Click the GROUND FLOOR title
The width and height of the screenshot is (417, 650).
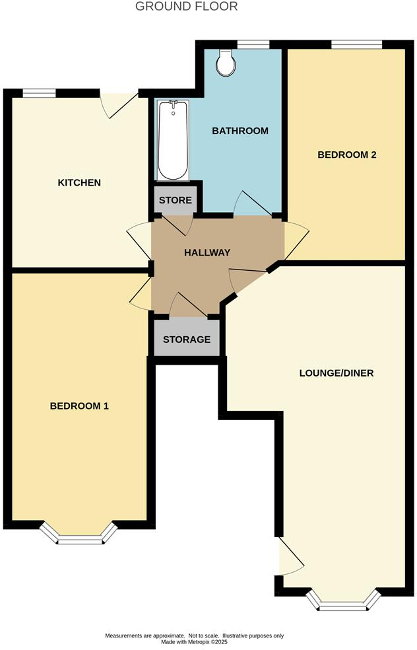(186, 7)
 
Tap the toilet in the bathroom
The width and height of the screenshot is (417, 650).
(226, 61)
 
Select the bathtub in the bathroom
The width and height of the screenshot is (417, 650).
(174, 139)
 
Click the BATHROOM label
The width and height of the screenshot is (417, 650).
(240, 131)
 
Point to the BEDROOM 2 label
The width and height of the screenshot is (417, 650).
(347, 155)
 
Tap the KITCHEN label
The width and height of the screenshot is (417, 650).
(79, 182)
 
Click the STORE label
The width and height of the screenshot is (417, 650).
(175, 200)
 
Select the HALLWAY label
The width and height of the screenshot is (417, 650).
(207, 252)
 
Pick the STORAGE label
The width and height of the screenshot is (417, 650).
(187, 340)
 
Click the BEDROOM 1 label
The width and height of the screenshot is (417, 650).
(79, 406)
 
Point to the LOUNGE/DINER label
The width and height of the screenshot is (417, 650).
(337, 373)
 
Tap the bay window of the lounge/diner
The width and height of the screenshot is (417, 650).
(344, 601)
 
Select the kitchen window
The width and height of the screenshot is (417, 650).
(39, 93)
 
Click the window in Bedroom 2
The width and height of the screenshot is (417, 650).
(356, 45)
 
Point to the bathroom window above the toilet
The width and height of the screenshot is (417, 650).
(253, 45)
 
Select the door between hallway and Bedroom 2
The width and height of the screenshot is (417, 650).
(294, 239)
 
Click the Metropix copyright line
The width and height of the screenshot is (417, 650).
(195, 641)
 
